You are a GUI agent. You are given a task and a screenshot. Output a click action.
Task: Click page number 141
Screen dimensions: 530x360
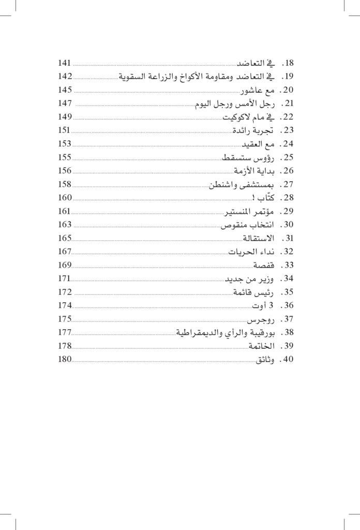click(65, 63)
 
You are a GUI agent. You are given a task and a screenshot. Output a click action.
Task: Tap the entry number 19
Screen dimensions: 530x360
click(286, 77)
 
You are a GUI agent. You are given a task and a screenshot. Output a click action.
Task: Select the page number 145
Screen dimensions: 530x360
click(65, 90)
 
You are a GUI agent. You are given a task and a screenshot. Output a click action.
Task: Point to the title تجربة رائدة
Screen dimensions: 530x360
click(253, 130)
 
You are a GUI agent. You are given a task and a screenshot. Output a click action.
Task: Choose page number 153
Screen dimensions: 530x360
click(65, 144)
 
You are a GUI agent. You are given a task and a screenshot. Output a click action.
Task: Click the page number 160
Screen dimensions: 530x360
click(65, 198)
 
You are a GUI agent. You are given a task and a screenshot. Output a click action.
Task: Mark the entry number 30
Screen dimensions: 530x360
click(286, 225)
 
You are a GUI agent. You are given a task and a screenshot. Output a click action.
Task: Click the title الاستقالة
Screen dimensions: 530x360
click(258, 239)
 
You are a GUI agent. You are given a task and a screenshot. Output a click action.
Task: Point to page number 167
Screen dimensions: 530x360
click(65, 252)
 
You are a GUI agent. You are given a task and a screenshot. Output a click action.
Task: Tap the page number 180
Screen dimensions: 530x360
click(65, 360)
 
